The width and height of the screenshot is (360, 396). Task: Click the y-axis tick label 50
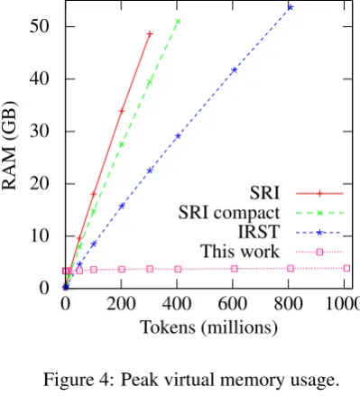40,27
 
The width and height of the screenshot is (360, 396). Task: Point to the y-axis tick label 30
40,132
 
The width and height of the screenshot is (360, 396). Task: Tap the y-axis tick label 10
40,236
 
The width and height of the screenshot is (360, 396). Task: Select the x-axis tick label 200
121,304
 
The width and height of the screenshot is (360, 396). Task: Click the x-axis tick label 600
233,304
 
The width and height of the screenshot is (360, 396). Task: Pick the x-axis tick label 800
289,304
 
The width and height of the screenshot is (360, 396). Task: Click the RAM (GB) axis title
10,146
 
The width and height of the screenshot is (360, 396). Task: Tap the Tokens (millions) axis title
208,327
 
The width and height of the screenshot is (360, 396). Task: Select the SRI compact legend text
229,213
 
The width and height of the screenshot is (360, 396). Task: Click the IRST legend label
259,232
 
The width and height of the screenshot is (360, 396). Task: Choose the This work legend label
240,252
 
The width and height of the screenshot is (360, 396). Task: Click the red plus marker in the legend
319,194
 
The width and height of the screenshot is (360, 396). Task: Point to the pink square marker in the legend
319,252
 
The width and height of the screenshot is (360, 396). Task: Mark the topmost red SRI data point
150,34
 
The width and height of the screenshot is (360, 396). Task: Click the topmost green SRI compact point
178,22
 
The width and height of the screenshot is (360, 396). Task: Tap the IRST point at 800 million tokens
291,7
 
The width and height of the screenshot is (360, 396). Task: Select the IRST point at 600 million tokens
234,70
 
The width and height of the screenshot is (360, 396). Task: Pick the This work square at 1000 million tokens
346,268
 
